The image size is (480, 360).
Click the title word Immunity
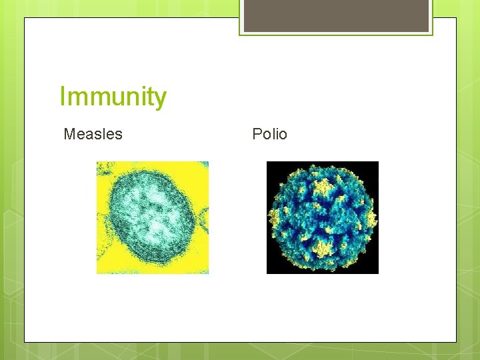pyautogui.click(x=113, y=97)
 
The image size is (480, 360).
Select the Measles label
pyautogui.click(x=93, y=134)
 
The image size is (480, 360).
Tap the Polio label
pyautogui.click(x=269, y=134)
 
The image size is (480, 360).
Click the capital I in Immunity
pyautogui.click(x=63, y=97)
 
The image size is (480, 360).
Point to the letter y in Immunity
pyautogui.click(x=160, y=100)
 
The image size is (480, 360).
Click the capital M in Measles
pyautogui.click(x=69, y=134)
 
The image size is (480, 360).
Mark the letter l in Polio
pyautogui.click(x=275, y=134)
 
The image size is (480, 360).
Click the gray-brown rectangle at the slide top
pyautogui.click(x=336, y=15)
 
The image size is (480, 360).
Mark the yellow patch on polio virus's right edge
pyautogui.click(x=371, y=218)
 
